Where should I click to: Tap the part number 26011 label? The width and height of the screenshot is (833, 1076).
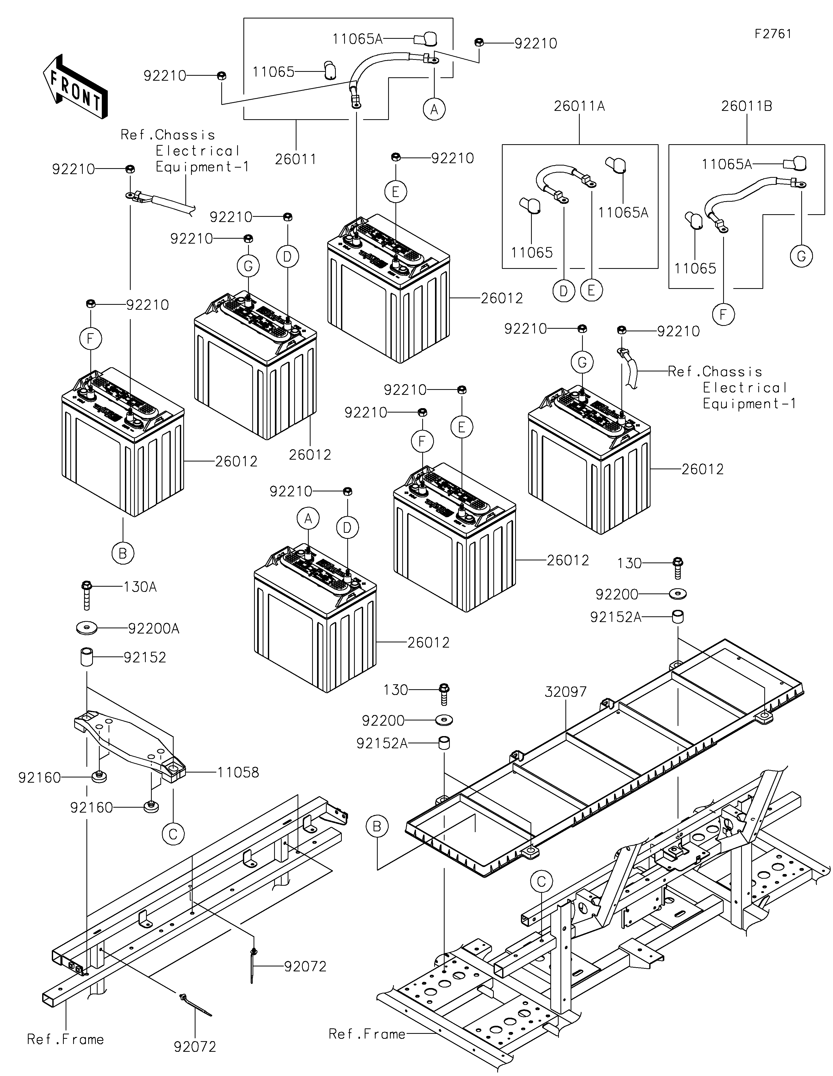tap(295, 159)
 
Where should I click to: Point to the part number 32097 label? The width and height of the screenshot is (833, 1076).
tap(565, 692)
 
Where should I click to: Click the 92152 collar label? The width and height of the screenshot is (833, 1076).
tap(144, 657)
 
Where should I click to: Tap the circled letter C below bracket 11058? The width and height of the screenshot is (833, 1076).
tap(173, 834)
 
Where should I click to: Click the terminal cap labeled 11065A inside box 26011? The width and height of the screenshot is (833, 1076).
tap(425, 39)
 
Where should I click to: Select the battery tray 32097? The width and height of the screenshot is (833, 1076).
tap(606, 769)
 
